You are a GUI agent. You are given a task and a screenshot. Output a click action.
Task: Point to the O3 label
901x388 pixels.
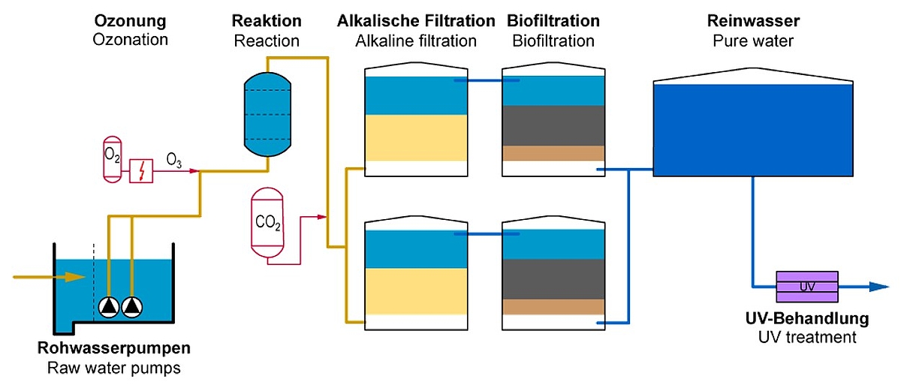click(173, 160)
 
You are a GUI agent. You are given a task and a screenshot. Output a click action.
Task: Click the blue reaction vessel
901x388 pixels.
click(267, 115)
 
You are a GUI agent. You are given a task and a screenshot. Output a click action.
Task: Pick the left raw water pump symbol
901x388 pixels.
click(109, 306)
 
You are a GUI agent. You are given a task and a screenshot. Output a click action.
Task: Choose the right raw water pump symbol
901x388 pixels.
click(132, 306)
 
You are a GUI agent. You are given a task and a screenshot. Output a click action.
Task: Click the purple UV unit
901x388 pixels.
click(807, 286)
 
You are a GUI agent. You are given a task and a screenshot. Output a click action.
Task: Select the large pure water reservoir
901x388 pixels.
click(753, 129)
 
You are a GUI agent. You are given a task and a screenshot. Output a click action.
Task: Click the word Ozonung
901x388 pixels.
click(130, 20)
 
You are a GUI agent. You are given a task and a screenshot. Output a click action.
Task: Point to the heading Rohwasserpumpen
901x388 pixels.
click(114, 349)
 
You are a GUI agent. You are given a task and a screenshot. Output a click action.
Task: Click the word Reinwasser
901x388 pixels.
click(752, 20)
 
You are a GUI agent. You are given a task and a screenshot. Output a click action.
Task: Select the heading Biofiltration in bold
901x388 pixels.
click(553, 20)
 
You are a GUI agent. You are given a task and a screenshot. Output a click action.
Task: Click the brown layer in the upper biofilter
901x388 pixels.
click(553, 153)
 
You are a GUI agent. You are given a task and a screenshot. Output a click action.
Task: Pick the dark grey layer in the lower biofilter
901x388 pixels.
click(553, 278)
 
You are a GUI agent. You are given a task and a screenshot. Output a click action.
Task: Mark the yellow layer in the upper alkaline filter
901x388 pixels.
click(415, 138)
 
